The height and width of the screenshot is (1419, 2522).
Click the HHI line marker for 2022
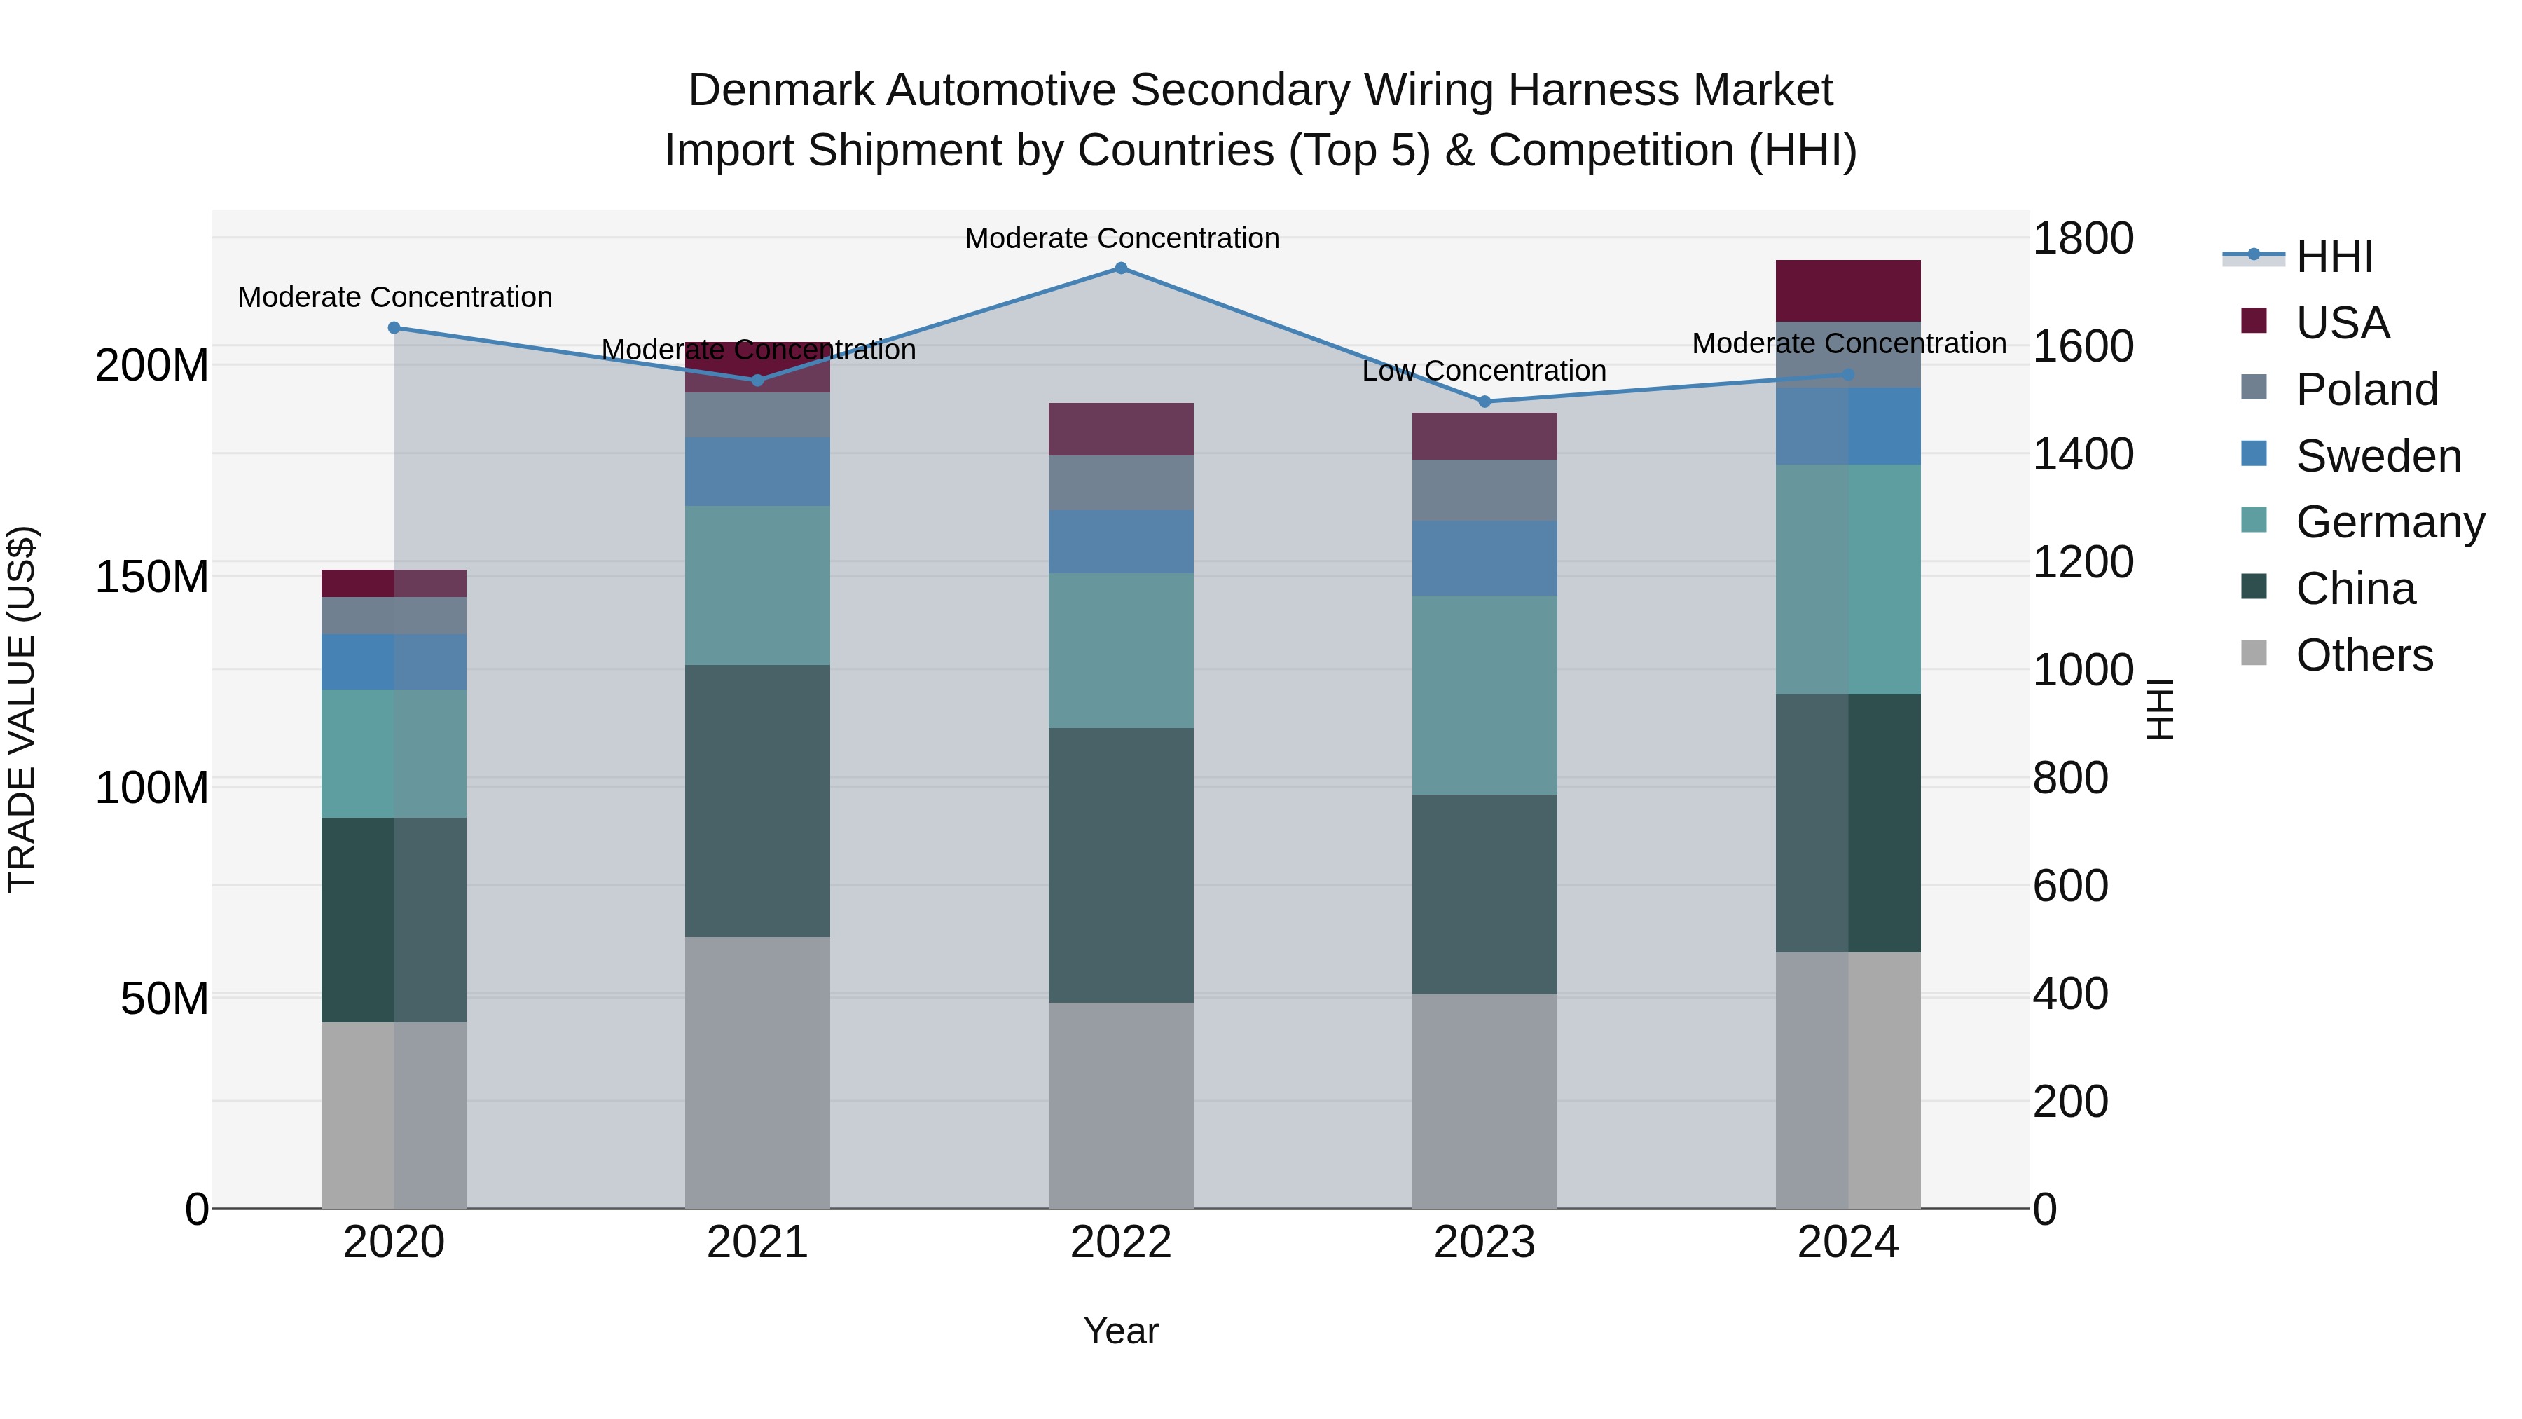tap(1121, 268)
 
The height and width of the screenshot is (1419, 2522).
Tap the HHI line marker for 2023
tap(1484, 402)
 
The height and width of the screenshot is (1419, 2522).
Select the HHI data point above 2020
tap(394, 328)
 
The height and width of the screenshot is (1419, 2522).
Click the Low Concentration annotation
tap(1484, 371)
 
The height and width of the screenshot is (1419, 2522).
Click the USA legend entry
tap(2342, 323)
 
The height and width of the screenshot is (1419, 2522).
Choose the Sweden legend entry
tap(2377, 456)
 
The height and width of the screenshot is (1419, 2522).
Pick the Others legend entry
tap(2364, 655)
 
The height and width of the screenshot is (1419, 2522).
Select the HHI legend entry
tap(2334, 256)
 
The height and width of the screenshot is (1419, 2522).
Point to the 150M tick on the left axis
tap(152, 577)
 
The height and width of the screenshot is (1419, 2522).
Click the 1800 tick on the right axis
tap(2083, 239)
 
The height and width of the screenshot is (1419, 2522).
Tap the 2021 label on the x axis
tap(757, 1242)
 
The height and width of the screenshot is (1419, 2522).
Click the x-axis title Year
tap(1121, 1331)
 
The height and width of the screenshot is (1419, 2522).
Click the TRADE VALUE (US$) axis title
tap(22, 709)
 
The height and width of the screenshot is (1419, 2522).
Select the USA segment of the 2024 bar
tap(1847, 291)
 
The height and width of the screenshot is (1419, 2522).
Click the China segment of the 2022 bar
tap(1121, 865)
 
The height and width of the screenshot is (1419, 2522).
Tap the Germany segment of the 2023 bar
tap(1484, 695)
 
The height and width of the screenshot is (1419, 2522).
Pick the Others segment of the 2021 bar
tap(757, 1072)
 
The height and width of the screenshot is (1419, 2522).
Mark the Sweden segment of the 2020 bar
tap(394, 662)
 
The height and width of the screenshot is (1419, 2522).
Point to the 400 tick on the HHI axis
tap(2069, 994)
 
